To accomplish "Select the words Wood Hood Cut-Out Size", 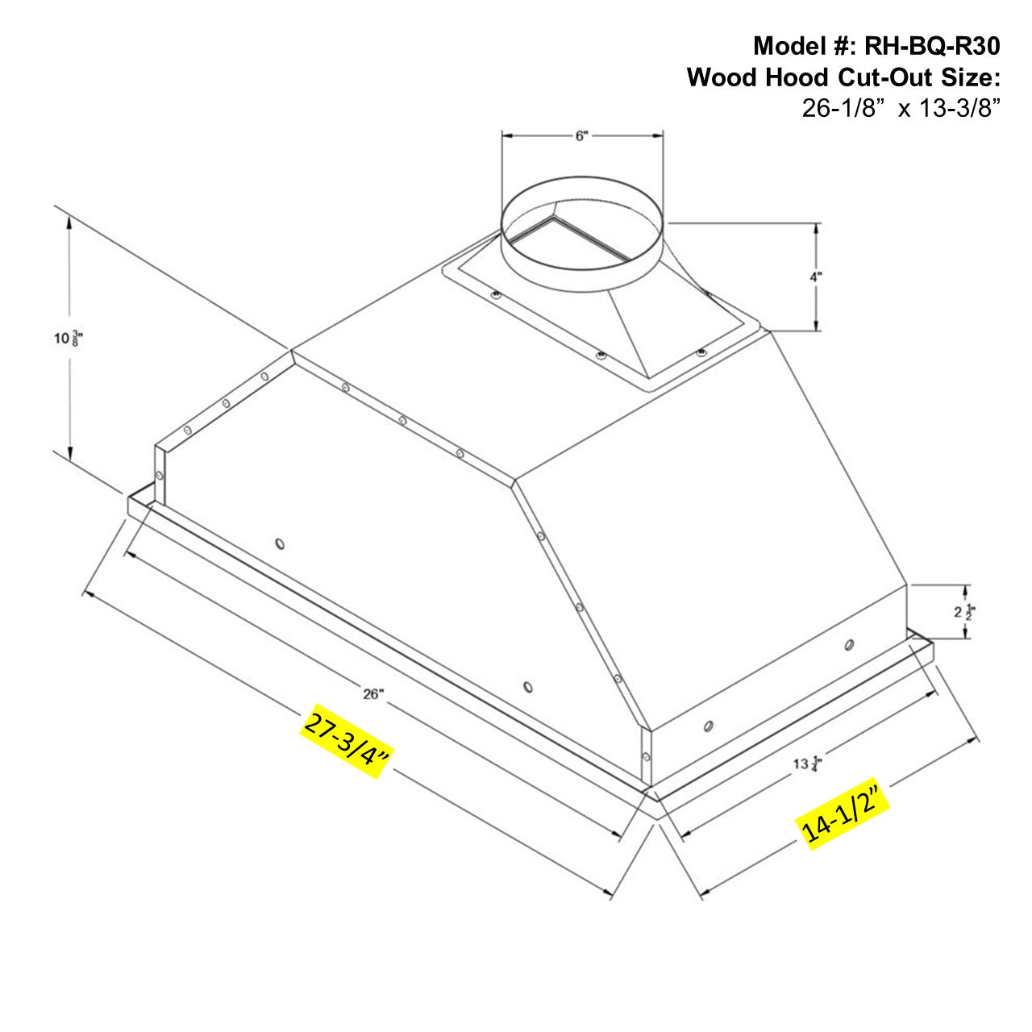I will [x=843, y=77].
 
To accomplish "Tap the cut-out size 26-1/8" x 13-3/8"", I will [x=901, y=108].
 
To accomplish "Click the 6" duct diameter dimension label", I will [x=582, y=136].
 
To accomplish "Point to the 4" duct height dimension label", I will [x=816, y=277].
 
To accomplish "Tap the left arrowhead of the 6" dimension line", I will [x=506, y=136].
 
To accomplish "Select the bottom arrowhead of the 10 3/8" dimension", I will [x=71, y=456].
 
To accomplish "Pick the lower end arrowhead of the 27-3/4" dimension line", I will [x=611, y=893].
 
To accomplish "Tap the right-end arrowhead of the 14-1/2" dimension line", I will [x=976, y=738].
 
